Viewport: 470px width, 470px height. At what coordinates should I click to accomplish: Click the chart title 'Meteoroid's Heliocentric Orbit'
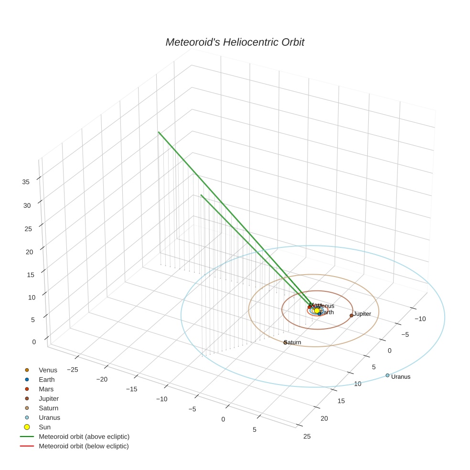[235, 42]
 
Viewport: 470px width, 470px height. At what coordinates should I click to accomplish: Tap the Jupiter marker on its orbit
[352, 315]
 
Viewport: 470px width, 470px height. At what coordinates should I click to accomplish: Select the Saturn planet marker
[285, 342]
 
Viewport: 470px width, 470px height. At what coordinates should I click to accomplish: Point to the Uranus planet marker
[387, 375]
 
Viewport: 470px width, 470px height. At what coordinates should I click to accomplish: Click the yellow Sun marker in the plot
[317, 310]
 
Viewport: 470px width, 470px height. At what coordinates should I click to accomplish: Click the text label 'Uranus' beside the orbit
[401, 377]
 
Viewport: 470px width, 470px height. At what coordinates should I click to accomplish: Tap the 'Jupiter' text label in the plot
[363, 314]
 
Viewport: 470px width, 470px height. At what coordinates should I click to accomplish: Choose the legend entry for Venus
[48, 370]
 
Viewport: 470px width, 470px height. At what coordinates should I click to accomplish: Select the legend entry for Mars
[46, 389]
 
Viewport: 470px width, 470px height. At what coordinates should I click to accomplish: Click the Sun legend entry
[44, 427]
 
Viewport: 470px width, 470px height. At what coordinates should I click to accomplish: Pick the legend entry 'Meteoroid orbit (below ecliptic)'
[84, 446]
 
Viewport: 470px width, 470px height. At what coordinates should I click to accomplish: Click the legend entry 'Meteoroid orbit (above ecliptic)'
[84, 437]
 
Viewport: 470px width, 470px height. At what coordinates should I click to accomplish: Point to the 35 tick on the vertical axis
[26, 182]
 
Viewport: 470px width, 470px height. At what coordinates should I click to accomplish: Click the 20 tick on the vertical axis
[29, 252]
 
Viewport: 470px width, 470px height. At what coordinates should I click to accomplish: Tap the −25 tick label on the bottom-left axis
[73, 370]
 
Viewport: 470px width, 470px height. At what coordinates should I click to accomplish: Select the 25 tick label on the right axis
[307, 436]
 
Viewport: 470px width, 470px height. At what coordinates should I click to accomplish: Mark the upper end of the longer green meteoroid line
[159, 132]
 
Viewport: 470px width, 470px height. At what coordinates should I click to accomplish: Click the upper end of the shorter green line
[201, 195]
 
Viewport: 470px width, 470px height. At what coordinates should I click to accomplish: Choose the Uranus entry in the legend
[49, 417]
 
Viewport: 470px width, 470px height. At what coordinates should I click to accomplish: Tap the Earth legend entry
[47, 379]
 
